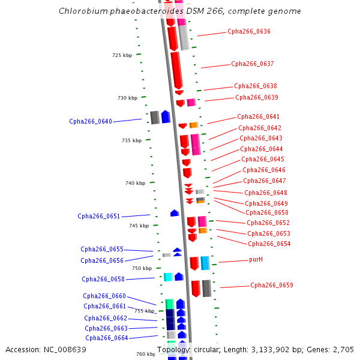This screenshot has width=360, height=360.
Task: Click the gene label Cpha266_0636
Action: pyautogui.click(x=248, y=32)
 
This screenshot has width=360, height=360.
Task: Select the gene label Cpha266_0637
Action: pyautogui.click(x=252, y=64)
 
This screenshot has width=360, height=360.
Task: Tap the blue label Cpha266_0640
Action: pyautogui.click(x=91, y=122)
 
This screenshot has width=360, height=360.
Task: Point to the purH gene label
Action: pyautogui.click(x=256, y=260)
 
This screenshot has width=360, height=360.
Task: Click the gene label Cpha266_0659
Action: pyautogui.click(x=272, y=286)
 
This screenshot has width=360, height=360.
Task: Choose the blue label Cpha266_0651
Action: pyautogui.click(x=99, y=217)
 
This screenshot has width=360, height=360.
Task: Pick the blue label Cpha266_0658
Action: pyautogui.click(x=103, y=279)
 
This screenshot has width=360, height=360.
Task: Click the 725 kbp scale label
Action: pyautogui.click(x=122, y=55)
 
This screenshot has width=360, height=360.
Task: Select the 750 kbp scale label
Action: pyautogui.click(x=142, y=268)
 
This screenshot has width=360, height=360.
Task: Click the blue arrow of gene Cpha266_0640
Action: pyautogui.click(x=166, y=117)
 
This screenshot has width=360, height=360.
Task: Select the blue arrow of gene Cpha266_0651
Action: pyautogui.click(x=175, y=213)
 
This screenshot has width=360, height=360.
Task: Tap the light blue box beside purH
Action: pyautogui.click(x=205, y=263)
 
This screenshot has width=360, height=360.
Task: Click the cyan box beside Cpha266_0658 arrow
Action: pyautogui.click(x=168, y=277)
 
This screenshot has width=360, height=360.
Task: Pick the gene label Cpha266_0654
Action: pyautogui.click(x=269, y=244)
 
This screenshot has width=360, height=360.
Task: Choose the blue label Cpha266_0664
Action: pyautogui.click(x=107, y=338)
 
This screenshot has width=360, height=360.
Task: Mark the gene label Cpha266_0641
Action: pyautogui.click(x=258, y=117)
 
